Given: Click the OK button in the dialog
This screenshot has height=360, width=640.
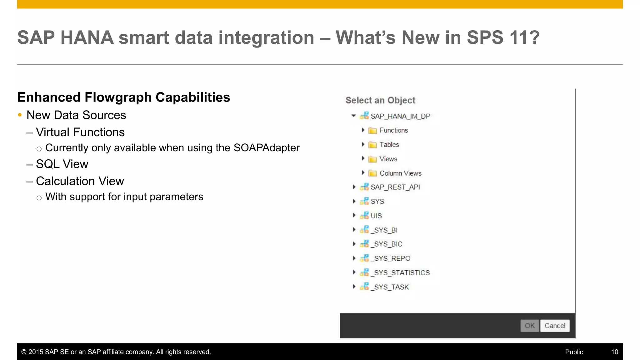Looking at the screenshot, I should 529,326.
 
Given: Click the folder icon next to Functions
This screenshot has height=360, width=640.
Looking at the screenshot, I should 372,130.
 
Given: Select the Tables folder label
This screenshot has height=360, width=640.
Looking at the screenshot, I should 389,145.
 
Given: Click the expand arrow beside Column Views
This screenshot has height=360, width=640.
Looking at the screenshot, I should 363,173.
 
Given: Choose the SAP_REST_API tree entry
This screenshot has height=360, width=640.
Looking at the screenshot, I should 395,187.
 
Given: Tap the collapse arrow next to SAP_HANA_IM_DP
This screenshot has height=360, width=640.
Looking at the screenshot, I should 353,116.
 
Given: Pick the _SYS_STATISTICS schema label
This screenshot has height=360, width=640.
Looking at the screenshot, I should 402,273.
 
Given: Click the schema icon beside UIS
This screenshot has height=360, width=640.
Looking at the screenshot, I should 364,216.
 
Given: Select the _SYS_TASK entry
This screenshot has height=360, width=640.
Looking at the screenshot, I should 391,287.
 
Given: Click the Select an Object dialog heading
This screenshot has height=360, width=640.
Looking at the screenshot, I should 380,100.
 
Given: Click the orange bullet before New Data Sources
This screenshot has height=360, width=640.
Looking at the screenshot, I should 20,115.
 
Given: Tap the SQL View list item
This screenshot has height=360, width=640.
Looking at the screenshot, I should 62,164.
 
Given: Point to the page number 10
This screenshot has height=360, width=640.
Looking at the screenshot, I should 614,352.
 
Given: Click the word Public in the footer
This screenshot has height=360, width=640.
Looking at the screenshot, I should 574,352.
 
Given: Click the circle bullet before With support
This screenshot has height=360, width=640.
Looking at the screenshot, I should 39,198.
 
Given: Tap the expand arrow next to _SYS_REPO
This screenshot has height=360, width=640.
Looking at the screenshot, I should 354,258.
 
